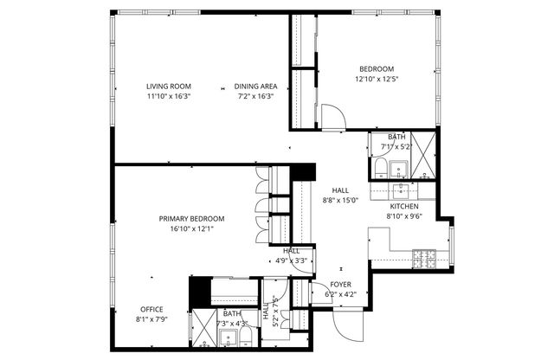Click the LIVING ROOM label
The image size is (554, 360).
168,87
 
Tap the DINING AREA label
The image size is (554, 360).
255,87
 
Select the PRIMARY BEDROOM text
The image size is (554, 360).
191,219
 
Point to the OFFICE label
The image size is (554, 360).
151,310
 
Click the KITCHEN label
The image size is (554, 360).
403,207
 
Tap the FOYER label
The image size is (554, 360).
341,285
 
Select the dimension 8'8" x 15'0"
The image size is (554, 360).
340,200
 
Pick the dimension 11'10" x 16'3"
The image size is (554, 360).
168,97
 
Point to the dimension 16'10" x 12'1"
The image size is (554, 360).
191,228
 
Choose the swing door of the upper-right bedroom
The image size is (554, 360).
332,116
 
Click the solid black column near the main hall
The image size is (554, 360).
301,171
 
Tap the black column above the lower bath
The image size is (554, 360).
199,288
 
